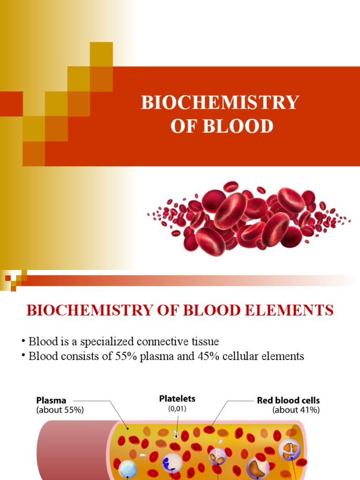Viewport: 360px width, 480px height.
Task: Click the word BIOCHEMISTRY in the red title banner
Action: pos(220,103)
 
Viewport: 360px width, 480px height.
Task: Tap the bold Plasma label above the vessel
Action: pos(51,401)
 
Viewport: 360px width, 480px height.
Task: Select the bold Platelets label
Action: pos(177,399)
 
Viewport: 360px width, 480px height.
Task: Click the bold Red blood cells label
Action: pos(288,401)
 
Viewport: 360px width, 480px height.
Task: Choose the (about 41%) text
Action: pos(296,410)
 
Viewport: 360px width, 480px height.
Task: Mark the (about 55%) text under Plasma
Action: pos(60,410)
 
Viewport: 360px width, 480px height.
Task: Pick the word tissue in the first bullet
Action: pos(205,341)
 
